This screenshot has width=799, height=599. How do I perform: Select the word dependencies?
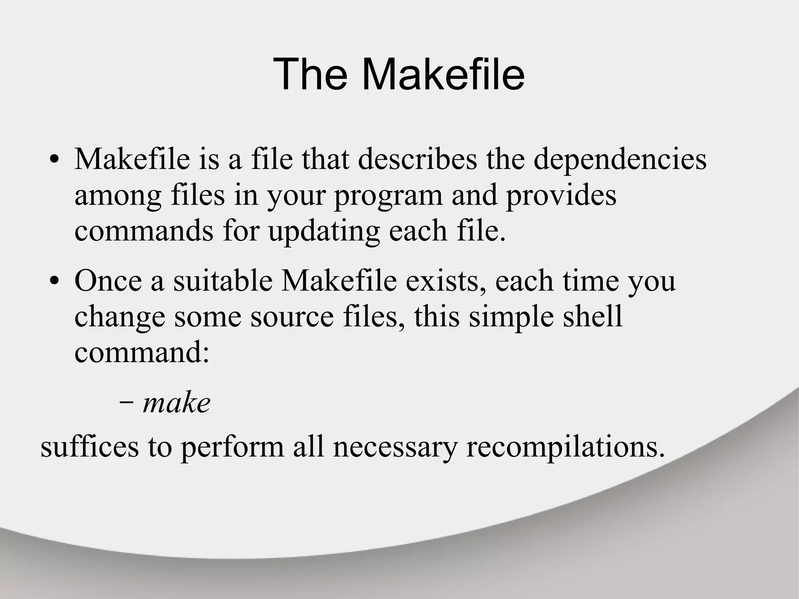coord(620,160)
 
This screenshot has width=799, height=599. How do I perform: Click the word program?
coord(388,196)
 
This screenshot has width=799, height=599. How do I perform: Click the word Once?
coord(108,281)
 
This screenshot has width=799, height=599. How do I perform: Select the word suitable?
coord(223,281)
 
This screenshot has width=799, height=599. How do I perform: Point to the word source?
coord(292,317)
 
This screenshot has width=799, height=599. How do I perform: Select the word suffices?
coord(90,447)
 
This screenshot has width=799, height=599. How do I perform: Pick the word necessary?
coord(395,447)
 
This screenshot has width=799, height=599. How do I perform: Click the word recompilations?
coord(565,447)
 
